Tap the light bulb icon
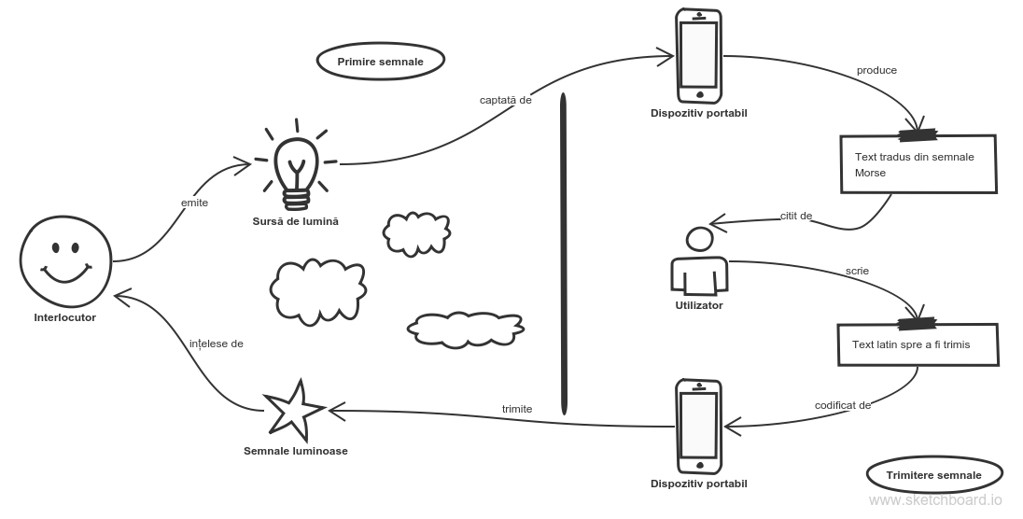(x=297, y=168)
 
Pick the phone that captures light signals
(x=699, y=55)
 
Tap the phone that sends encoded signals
(x=699, y=425)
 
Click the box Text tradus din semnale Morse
(x=918, y=164)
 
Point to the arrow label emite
(x=194, y=202)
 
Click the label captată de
(x=505, y=99)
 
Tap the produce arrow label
(x=876, y=70)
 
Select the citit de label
(x=795, y=216)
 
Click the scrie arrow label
(x=857, y=271)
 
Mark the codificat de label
(x=842, y=405)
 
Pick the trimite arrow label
(x=517, y=409)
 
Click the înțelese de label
(x=216, y=344)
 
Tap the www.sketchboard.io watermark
(x=935, y=501)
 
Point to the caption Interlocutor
(x=65, y=318)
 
